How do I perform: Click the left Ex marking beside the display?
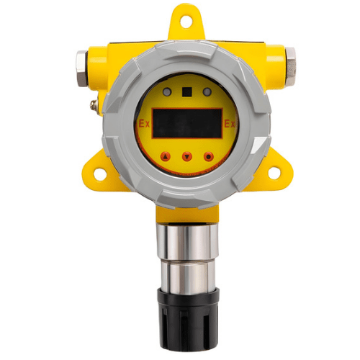(144, 124)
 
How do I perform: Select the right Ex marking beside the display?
(230, 124)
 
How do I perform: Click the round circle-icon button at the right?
(209, 156)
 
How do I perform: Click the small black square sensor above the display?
(187, 92)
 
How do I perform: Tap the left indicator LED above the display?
(167, 92)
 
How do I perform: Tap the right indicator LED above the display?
(207, 92)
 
